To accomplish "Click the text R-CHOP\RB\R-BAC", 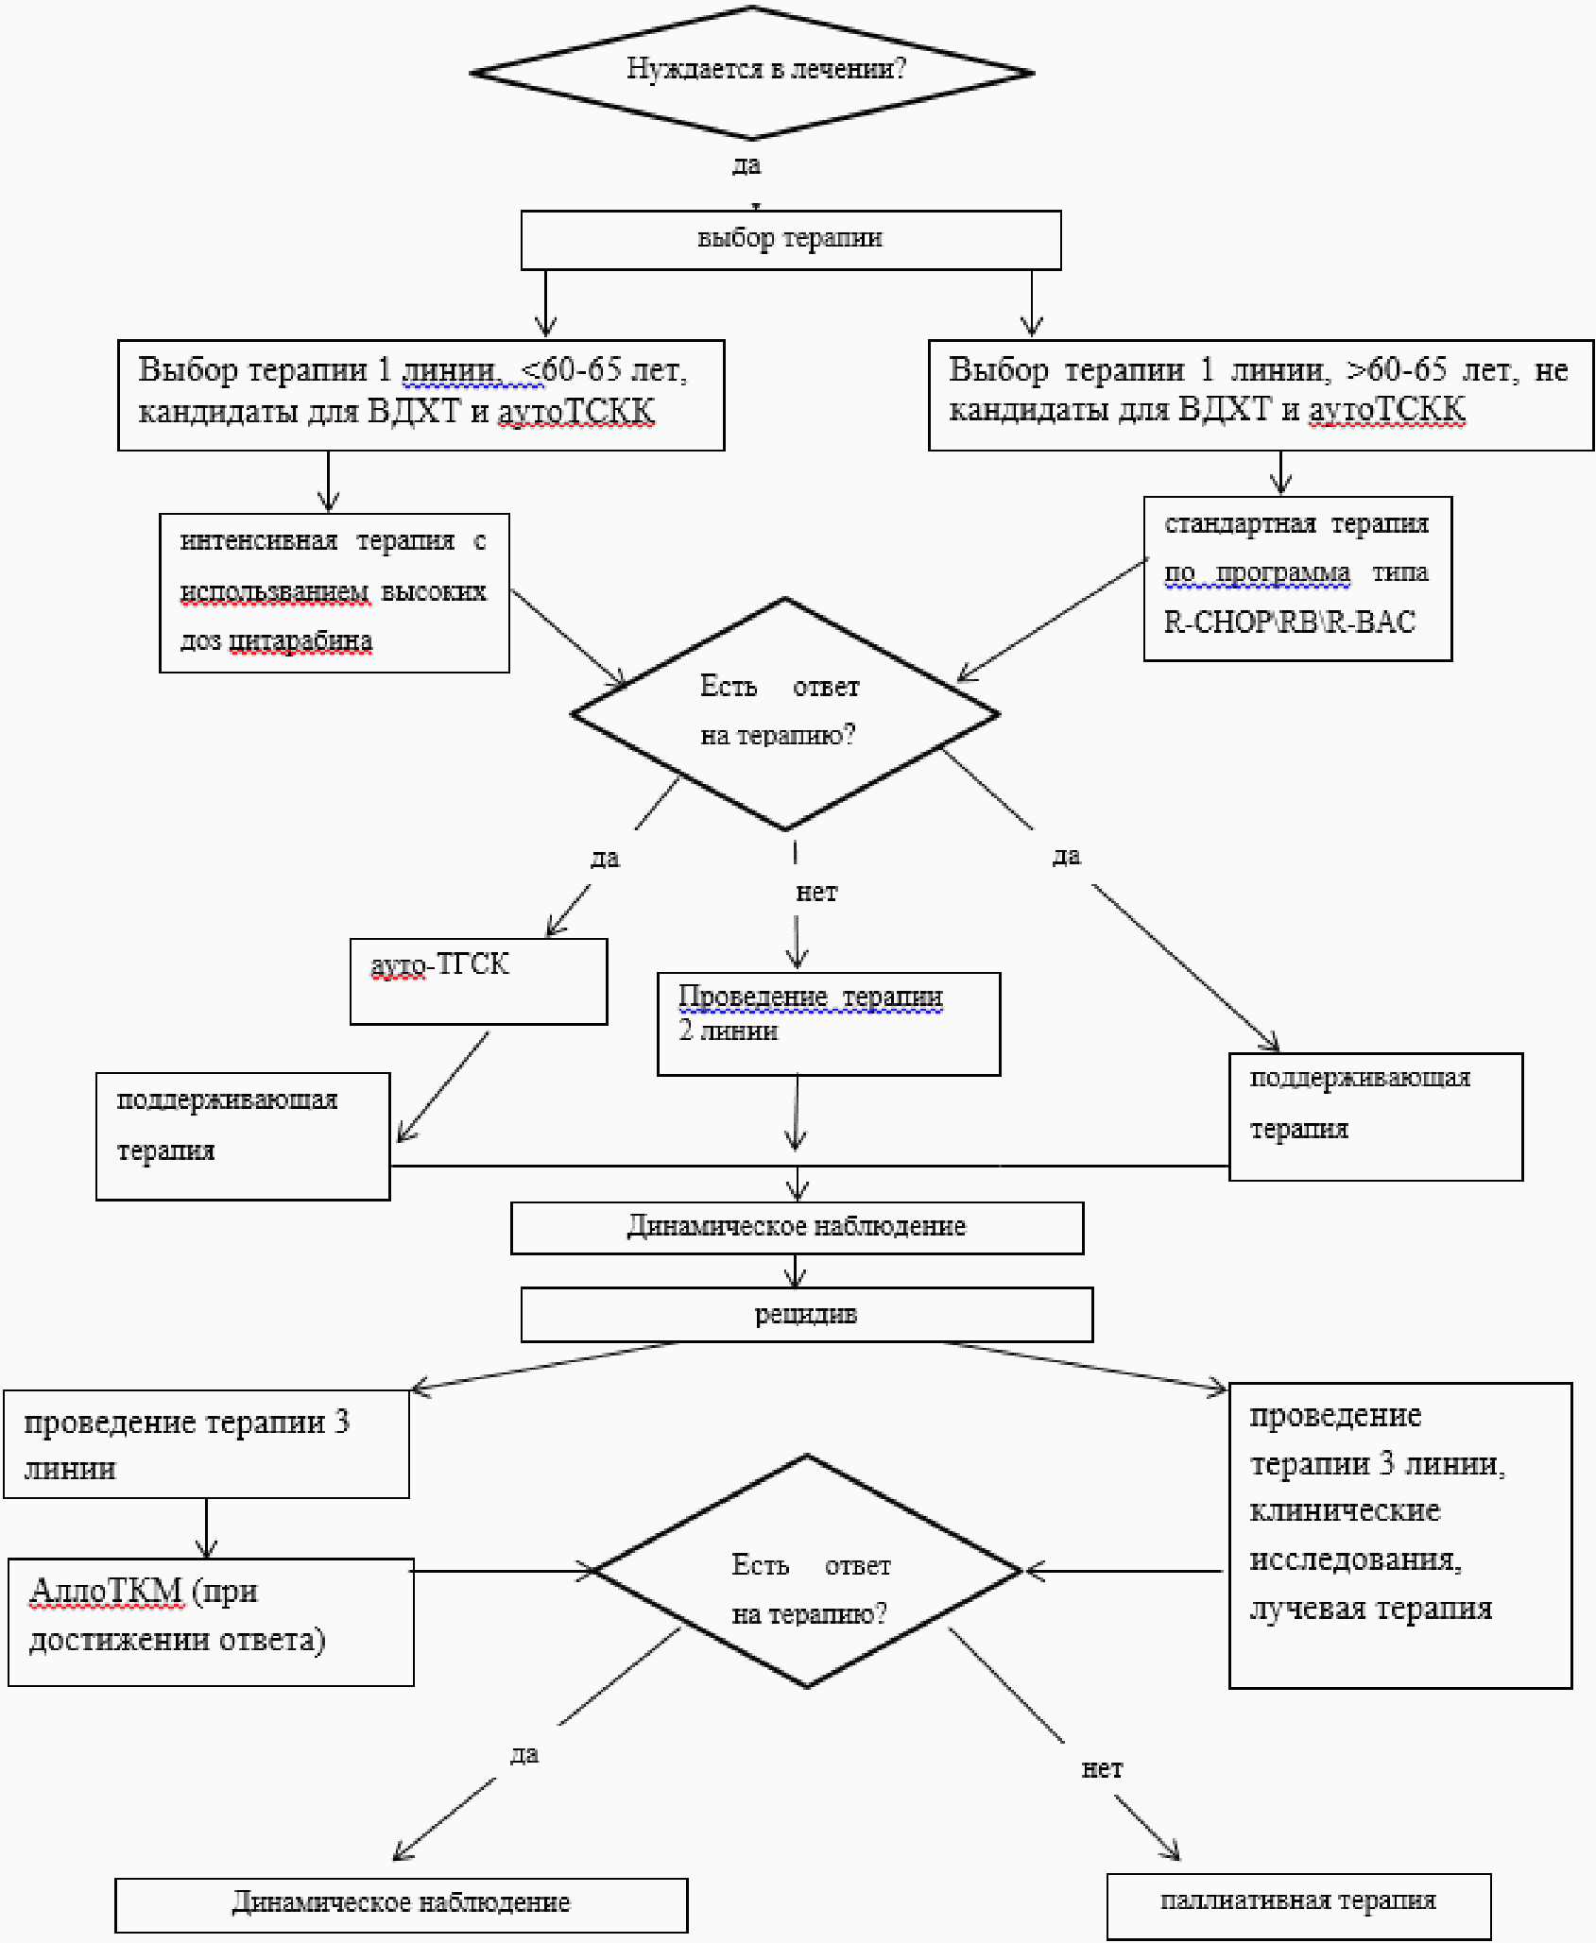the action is pos(1290,622).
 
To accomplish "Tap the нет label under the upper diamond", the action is pos(816,893).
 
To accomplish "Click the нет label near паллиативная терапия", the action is pos(1102,1769).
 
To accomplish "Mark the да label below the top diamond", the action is pos(747,165).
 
